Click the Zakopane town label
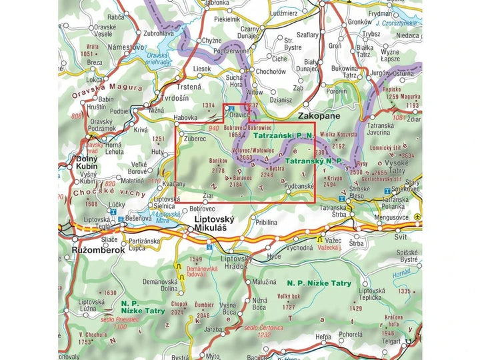point(319,116)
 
